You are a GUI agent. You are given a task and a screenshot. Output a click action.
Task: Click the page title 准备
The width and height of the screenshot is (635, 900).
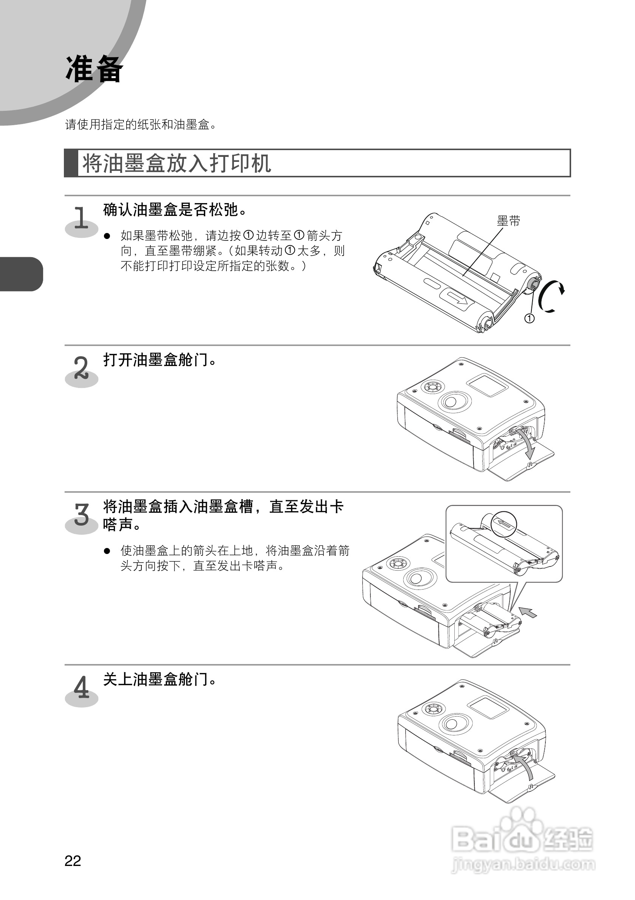pos(94,69)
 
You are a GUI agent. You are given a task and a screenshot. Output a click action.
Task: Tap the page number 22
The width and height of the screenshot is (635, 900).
pos(73,861)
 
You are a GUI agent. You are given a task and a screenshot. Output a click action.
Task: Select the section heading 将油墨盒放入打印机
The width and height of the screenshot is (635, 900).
pos(176,163)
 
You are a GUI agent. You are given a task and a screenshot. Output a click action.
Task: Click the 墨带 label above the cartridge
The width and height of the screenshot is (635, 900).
pos(508,222)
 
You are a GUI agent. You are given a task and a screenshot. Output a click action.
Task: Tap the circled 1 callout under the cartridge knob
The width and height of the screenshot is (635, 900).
pos(529,318)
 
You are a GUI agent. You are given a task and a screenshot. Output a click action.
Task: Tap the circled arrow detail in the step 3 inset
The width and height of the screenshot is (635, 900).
pos(504,524)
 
